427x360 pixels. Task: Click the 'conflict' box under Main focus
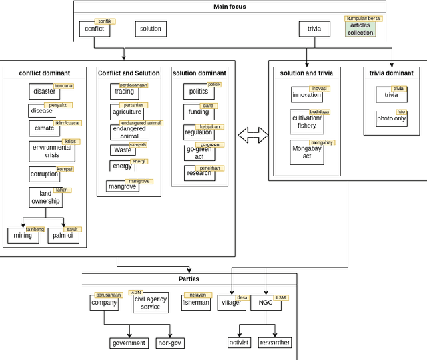[94, 29]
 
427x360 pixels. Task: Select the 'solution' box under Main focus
[150, 29]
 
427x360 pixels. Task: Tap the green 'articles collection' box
[360, 29]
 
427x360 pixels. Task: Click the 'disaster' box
[45, 92]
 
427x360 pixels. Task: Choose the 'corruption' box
[45, 174]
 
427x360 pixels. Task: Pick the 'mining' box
[23, 236]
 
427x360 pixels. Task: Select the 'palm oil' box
[64, 236]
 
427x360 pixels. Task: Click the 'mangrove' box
[122, 187]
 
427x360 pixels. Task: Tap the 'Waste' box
[123, 150]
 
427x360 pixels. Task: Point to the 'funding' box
[199, 112]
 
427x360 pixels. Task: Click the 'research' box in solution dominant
[199, 173]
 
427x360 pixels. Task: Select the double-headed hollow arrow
[252, 136]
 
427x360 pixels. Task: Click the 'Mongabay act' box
[307, 153]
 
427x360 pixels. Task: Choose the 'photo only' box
[391, 119]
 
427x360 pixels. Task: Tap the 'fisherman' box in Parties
[195, 303]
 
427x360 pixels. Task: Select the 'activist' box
[239, 343]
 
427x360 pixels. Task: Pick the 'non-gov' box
[169, 343]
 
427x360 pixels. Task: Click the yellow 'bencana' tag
[63, 86]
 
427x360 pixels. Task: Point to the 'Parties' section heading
[188, 279]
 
